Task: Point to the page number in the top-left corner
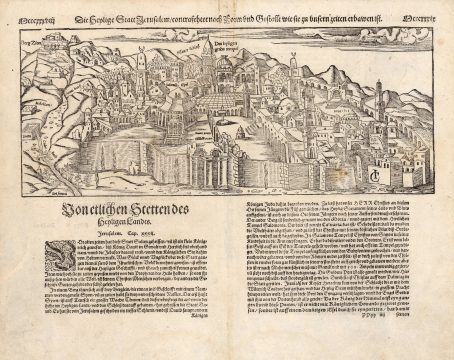(23, 17)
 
